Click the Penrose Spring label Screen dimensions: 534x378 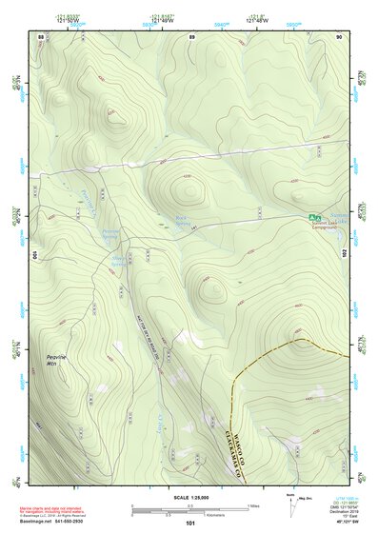109,232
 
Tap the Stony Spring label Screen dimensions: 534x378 120,258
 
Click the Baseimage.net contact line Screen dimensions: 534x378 59,522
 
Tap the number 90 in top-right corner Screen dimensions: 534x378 338,36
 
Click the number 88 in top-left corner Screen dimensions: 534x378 40,36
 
